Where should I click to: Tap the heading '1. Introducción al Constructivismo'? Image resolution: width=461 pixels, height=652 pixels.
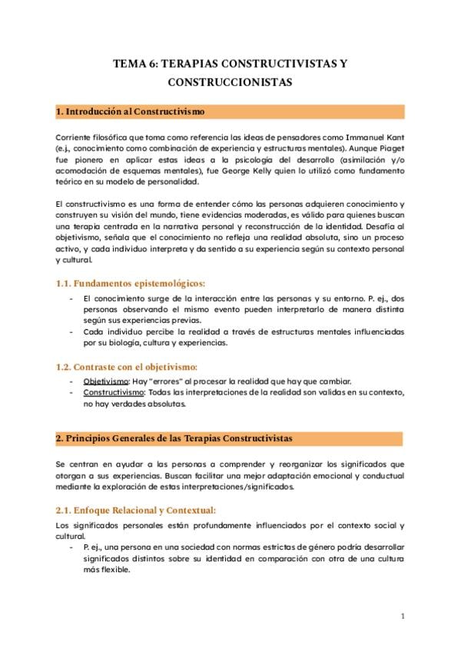(131, 112)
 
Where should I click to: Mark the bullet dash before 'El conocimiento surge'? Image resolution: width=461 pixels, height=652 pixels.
(71, 298)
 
